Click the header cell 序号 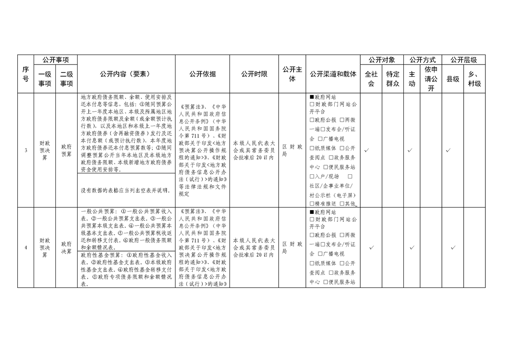click(x=25, y=74)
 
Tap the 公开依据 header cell click(x=202, y=74)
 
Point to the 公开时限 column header click(x=254, y=74)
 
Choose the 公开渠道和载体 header click(x=333, y=74)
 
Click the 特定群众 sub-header click(x=393, y=79)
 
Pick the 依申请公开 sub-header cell click(x=431, y=79)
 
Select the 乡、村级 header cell click(x=475, y=79)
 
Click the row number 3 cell click(x=25, y=150)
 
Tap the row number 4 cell click(x=25, y=247)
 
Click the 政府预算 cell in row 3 click(x=66, y=150)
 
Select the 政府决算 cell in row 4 click(x=66, y=247)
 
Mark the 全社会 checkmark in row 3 click(x=371, y=150)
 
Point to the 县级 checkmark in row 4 click(x=453, y=247)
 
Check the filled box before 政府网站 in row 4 click(x=312, y=212)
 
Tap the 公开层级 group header click(x=463, y=59)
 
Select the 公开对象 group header click(x=382, y=59)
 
